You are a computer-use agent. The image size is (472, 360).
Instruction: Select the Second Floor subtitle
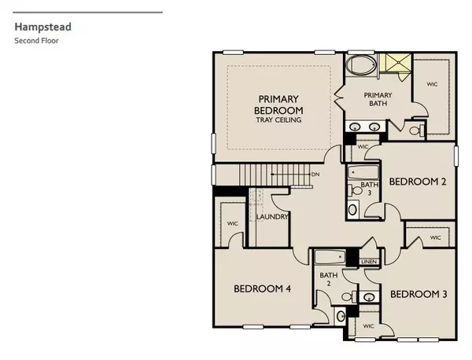[x=35, y=39]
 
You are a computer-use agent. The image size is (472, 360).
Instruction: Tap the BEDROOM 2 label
[x=418, y=182]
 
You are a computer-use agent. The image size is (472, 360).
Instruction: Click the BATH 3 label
[x=367, y=189]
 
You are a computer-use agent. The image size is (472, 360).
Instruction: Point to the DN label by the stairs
[x=315, y=174]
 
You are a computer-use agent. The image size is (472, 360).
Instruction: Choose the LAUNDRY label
[x=272, y=217]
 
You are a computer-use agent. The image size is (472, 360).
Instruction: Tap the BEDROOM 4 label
[x=263, y=288]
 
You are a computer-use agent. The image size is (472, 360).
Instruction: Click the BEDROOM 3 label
[x=419, y=294]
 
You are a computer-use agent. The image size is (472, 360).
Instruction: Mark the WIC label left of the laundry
[x=233, y=223]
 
